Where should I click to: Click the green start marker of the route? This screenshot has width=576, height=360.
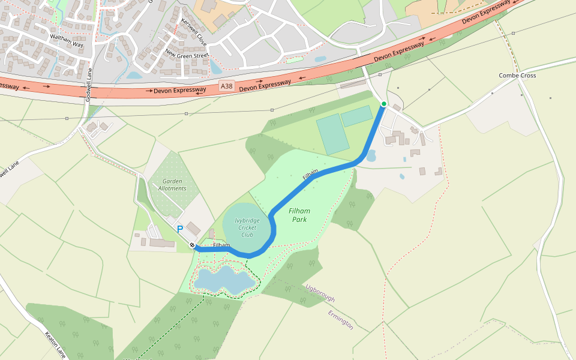pos(384,104)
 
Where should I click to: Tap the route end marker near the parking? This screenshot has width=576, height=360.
pos(192,245)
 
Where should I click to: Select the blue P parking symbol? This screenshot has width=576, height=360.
pos(179,229)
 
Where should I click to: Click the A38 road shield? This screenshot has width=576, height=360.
pos(226,86)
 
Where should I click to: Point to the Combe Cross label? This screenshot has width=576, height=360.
pos(517,76)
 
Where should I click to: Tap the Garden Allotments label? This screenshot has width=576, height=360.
pos(173,184)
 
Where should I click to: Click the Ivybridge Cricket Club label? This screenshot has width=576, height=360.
pos(247,227)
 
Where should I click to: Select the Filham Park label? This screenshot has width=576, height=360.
pos(299,215)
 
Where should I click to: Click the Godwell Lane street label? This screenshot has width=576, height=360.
pos(89,85)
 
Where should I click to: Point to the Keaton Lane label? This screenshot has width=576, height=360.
pos(55,344)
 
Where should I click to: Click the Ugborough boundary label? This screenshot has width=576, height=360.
pos(320,293)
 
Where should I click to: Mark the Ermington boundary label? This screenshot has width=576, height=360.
pos(341,319)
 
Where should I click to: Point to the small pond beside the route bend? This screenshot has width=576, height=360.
pos(370,156)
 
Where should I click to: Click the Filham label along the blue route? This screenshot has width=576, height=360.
pos(310,175)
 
